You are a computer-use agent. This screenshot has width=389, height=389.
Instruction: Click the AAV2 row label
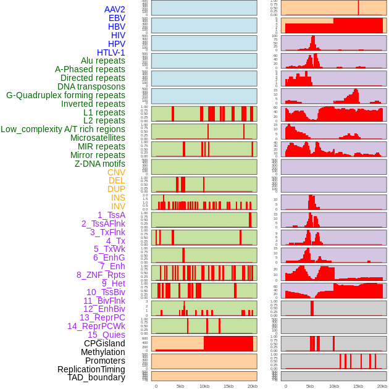[114, 9]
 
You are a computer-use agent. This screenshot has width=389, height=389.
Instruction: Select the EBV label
[116, 18]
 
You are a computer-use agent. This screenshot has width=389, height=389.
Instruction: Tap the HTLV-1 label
[111, 52]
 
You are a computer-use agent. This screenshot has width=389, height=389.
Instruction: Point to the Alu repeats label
[102, 61]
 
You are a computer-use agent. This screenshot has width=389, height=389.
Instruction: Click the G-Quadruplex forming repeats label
[65, 95]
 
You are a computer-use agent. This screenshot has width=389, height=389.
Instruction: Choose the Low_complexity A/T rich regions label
[63, 129]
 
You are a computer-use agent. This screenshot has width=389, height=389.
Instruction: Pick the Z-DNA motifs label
[99, 164]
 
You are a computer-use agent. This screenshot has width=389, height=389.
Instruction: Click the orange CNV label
[116, 172]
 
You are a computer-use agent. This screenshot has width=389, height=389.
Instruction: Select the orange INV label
[118, 206]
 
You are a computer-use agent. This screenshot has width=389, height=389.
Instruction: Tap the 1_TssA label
[111, 215]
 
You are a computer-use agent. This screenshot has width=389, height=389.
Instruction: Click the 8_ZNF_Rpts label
[101, 275]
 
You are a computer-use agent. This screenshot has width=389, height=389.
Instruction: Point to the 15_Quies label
[106, 335]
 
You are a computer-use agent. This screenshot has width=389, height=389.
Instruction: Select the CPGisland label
[104, 343]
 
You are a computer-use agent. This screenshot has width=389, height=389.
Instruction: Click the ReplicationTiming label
[91, 369]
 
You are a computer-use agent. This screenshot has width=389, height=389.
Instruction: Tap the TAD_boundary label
[96, 377]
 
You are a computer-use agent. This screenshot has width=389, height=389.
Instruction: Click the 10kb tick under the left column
[204, 386]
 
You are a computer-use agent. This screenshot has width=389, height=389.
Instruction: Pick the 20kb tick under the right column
[382, 386]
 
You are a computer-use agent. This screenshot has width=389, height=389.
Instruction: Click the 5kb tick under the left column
[180, 386]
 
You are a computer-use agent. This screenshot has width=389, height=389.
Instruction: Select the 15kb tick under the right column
[358, 386]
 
